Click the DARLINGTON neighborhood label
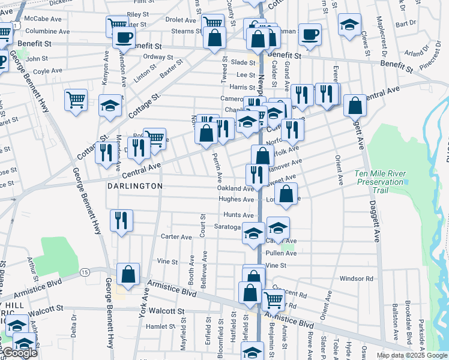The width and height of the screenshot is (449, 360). click(x=135, y=187)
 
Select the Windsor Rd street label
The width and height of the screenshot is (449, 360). click(x=356, y=278)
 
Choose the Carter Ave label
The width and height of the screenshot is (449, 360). click(x=176, y=237)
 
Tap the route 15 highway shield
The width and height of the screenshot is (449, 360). click(x=85, y=272)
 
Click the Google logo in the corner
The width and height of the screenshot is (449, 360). click(x=19, y=353)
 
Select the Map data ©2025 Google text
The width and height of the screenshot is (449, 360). click(x=412, y=355)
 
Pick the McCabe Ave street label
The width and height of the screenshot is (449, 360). click(x=44, y=19)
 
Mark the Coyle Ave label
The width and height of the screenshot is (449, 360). click(x=48, y=71)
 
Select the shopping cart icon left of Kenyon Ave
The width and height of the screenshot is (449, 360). click(x=76, y=100)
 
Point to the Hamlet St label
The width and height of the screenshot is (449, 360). click(x=160, y=326)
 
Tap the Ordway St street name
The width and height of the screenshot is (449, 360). click(x=158, y=57)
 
